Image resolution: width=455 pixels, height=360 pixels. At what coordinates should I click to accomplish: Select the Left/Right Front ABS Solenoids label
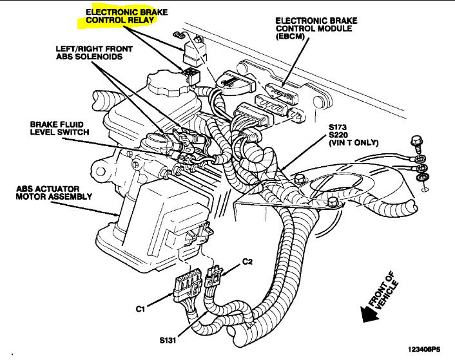tap(93, 52)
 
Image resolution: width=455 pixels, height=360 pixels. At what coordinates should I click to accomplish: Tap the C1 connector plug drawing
tap(184, 288)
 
